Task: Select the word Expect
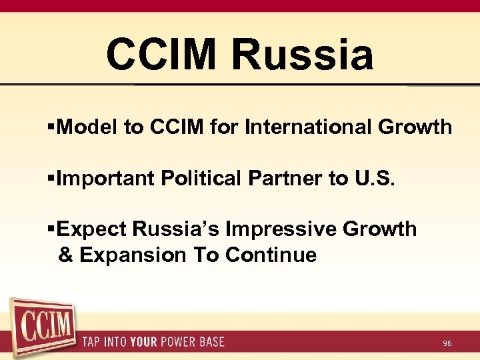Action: click(x=91, y=229)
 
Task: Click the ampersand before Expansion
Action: click(x=65, y=255)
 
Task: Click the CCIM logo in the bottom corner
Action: click(x=43, y=327)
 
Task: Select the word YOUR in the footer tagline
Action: click(x=144, y=343)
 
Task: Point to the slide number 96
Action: click(x=447, y=343)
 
